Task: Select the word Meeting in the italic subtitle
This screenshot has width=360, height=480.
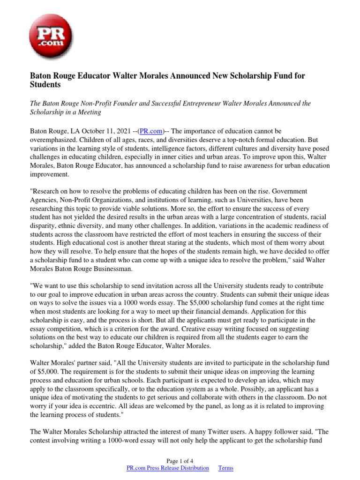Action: click(x=87, y=112)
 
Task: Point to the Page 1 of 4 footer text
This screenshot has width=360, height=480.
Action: click(x=180, y=460)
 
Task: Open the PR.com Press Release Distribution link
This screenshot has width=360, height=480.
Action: click(x=168, y=468)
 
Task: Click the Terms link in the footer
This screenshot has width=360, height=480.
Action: click(x=226, y=468)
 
